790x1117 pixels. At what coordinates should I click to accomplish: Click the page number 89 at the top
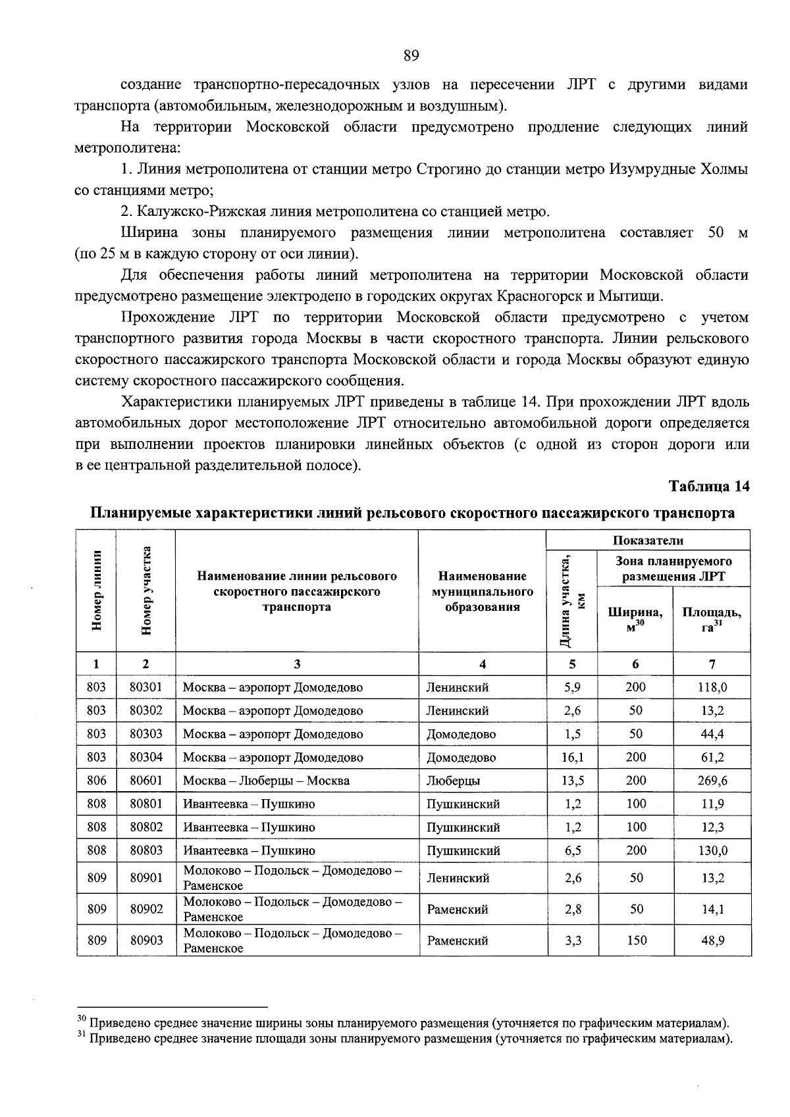coord(411,55)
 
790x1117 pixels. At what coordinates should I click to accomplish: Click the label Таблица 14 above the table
coord(709,486)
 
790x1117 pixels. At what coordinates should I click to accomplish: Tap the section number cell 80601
coord(145,781)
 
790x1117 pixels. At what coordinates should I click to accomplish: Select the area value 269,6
coord(712,781)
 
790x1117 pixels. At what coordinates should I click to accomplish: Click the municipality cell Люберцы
coord(453,781)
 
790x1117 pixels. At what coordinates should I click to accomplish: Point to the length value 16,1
coord(572,758)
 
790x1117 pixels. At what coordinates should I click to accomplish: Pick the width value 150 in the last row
coord(636,941)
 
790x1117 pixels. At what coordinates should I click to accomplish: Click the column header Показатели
coord(648,540)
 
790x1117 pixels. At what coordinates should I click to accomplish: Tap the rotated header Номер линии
coord(97,591)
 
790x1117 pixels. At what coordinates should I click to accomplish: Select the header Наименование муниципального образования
coord(483,592)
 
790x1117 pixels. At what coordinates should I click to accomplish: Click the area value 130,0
coord(712,850)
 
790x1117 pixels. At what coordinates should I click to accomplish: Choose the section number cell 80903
coord(145,941)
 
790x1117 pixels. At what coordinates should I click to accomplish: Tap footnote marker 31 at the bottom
coord(82,1035)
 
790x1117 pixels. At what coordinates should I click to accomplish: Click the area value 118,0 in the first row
coord(712,687)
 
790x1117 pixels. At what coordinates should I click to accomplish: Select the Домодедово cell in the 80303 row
coord(461,734)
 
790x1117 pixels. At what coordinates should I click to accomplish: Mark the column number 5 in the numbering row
coord(572,664)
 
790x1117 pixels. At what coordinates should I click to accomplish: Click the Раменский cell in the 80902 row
coord(457,910)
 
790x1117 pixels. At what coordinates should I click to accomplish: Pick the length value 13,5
coord(572,781)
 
